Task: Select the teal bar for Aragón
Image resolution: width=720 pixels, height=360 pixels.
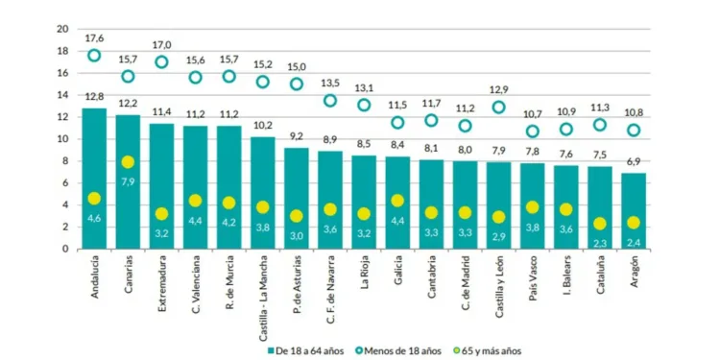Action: [x=633, y=210]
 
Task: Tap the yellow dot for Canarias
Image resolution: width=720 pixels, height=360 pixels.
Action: [x=128, y=162]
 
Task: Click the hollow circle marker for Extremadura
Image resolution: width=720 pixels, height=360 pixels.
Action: [x=161, y=62]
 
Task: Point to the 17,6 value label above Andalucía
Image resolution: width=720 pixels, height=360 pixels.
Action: [x=94, y=38]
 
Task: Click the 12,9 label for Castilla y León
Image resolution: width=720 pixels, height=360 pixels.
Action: [x=498, y=89]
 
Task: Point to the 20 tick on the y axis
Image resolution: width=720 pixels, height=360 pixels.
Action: [x=62, y=29]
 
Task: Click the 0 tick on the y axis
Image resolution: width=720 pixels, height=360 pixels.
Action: [x=65, y=249]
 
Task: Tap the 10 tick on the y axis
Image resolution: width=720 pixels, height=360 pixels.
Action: [x=62, y=139]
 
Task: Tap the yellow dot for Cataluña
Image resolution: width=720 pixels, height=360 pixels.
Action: [x=599, y=224]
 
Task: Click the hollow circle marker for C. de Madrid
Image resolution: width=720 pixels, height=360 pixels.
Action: [x=465, y=126]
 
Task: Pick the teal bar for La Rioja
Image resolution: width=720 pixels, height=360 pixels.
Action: [x=363, y=202]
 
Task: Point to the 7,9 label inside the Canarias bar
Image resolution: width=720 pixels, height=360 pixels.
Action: [x=128, y=180]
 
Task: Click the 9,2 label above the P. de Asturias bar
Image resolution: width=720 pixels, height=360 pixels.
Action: [x=296, y=136]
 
